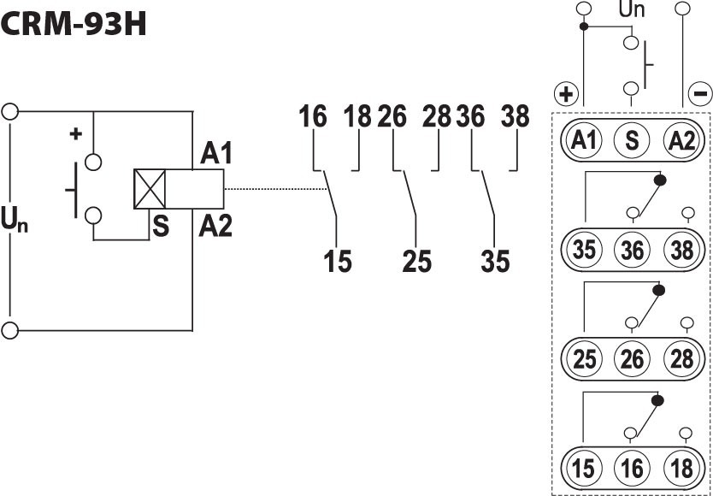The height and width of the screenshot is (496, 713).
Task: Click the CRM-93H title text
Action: click(x=74, y=23)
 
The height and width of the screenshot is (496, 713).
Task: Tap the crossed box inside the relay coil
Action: click(x=149, y=189)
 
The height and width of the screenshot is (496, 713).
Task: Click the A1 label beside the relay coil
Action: click(x=216, y=154)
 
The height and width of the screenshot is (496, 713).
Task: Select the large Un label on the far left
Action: click(x=15, y=222)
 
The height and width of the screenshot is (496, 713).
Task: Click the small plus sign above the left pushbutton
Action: click(x=75, y=134)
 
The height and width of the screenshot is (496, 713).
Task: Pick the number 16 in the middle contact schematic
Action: click(x=313, y=116)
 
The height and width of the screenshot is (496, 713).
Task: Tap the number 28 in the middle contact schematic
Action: click(x=436, y=116)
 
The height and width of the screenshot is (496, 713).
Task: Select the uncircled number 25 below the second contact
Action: click(x=416, y=261)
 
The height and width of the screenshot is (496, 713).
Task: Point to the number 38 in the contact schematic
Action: click(x=515, y=116)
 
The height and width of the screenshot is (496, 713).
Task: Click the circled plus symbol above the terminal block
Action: click(x=566, y=93)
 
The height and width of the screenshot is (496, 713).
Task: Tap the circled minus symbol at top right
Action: click(x=698, y=93)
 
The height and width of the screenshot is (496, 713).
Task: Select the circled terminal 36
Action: click(x=632, y=250)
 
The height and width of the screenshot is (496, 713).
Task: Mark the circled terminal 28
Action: click(x=681, y=358)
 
